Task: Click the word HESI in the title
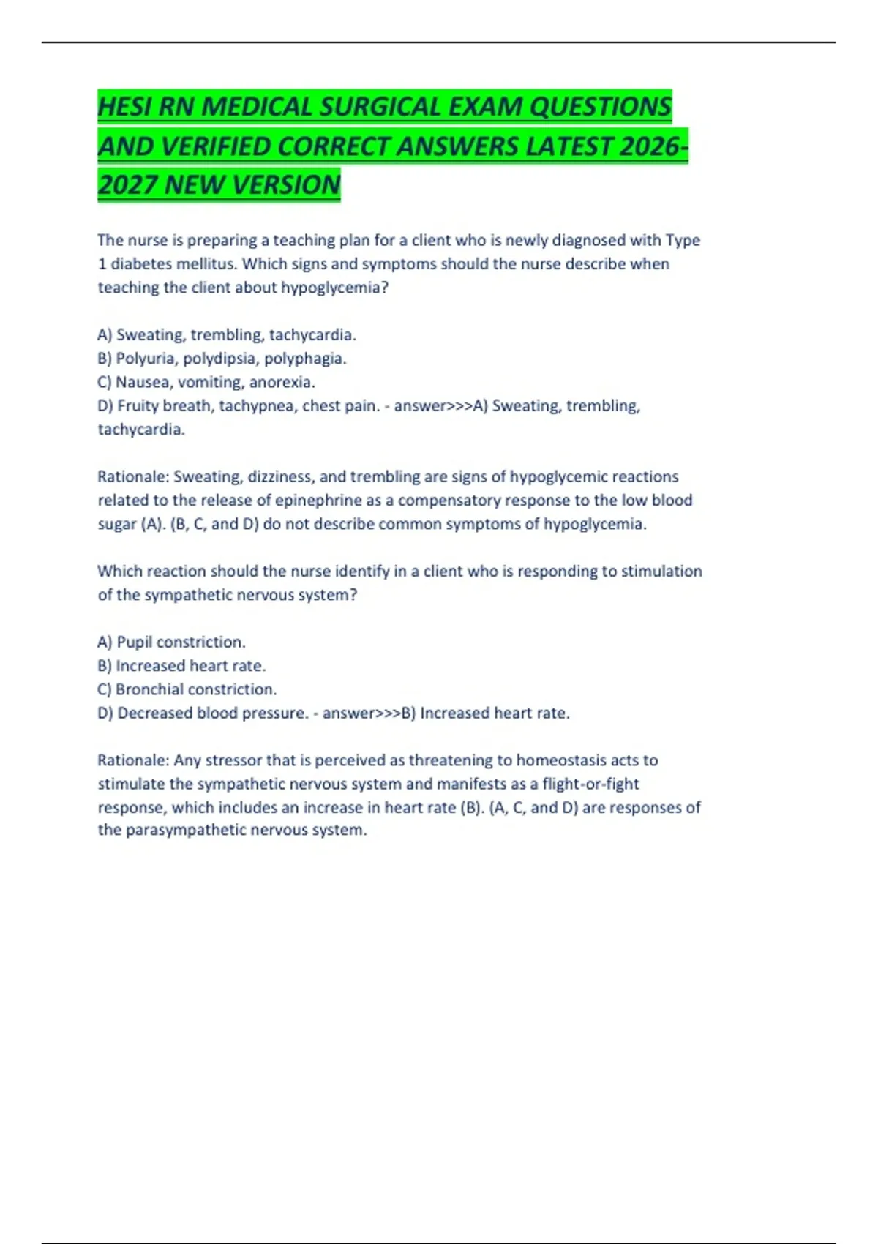click(x=125, y=107)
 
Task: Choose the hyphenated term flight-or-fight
click(x=590, y=784)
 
